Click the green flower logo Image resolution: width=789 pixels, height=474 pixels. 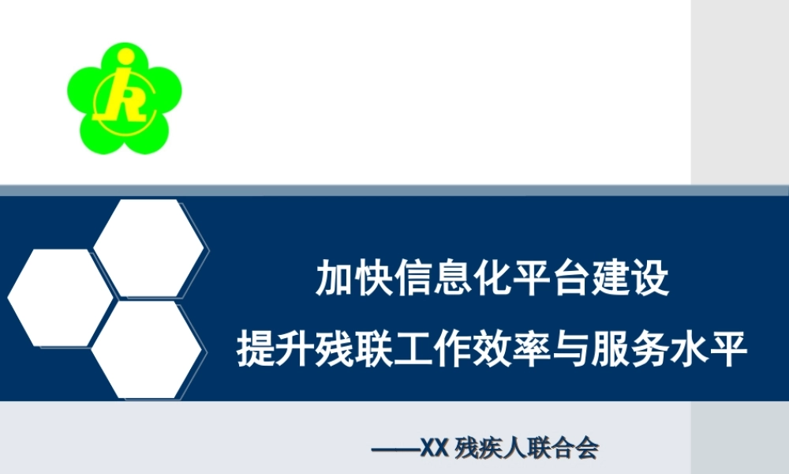tap(124, 98)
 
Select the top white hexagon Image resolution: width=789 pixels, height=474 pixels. tap(150, 248)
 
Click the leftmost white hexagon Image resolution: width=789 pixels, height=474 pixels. tap(61, 297)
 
